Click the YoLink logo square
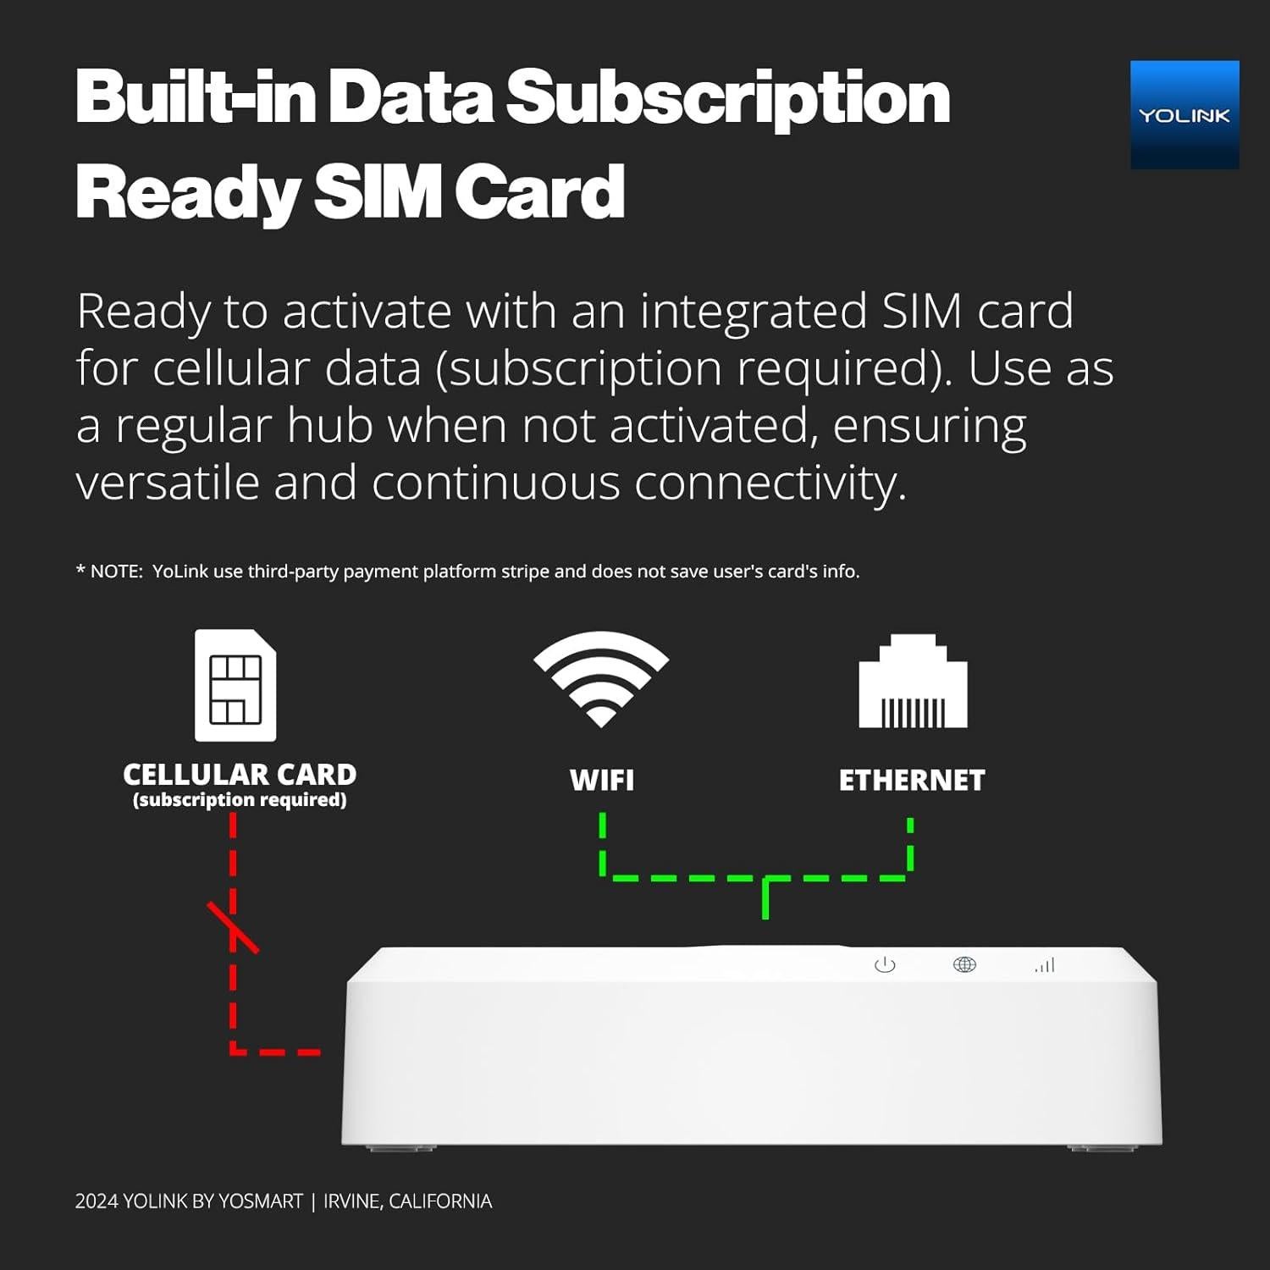point(1184,114)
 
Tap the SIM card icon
point(235,685)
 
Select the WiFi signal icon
point(601,679)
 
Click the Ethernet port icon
point(913,682)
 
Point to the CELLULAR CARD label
point(240,775)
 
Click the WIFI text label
point(601,780)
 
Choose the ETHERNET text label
point(912,780)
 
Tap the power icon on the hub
point(885,964)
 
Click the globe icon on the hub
point(964,964)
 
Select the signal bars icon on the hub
point(1045,965)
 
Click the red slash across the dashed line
point(233,927)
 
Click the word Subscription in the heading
point(728,98)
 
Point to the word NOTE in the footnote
point(116,571)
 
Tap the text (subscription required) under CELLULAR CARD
point(240,800)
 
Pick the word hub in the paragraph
point(330,425)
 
